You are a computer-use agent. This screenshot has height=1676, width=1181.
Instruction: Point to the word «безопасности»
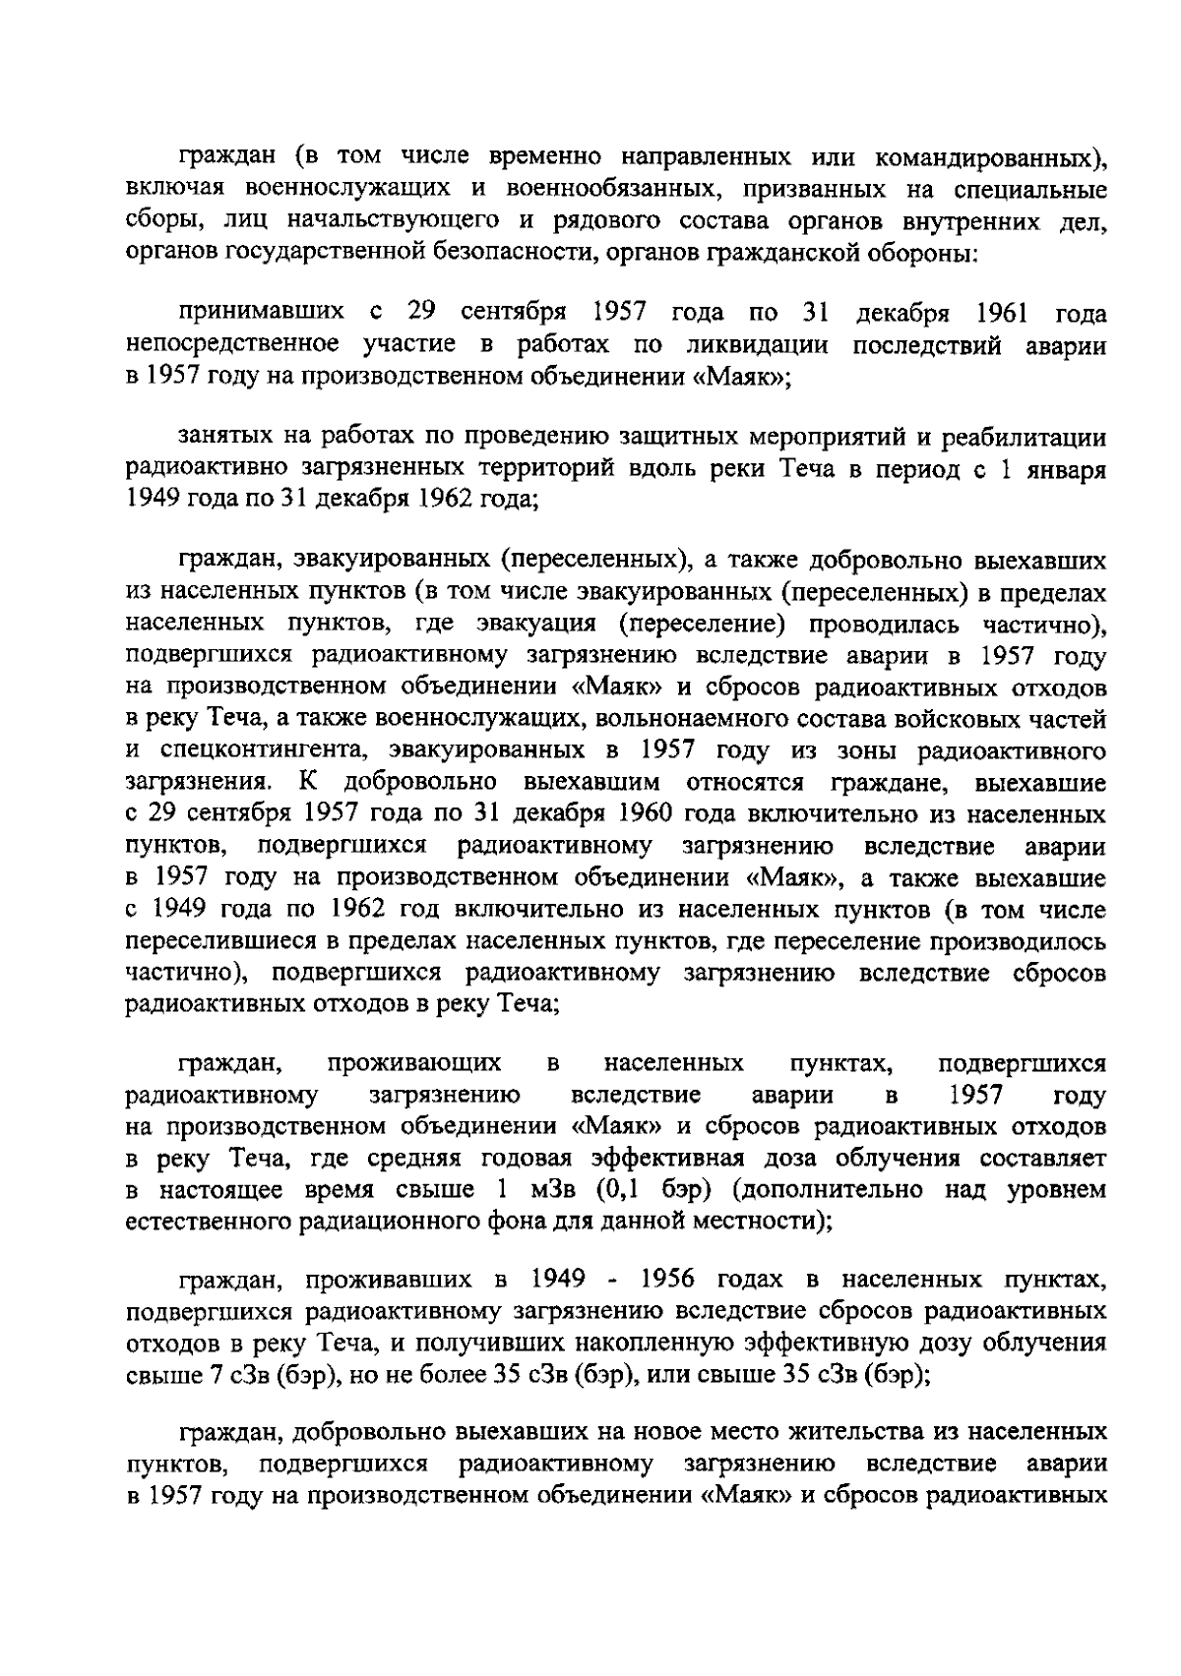[x=507, y=253]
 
